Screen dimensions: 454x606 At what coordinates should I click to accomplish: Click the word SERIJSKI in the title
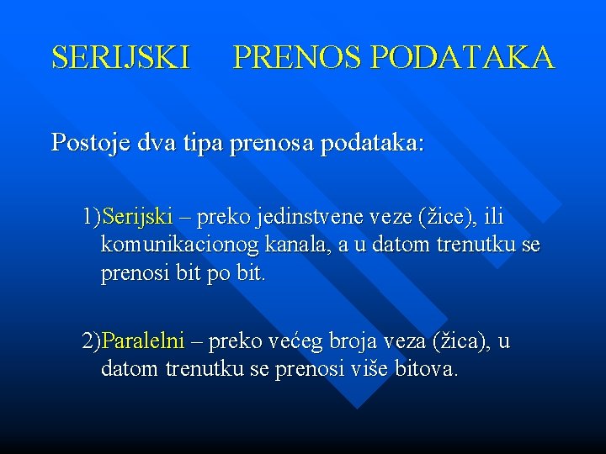click(120, 58)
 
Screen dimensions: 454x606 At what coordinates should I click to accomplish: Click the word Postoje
click(88, 143)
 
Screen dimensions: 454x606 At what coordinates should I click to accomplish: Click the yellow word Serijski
click(137, 217)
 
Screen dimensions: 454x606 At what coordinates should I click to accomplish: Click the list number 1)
click(91, 217)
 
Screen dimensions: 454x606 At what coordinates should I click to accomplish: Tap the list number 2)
click(91, 342)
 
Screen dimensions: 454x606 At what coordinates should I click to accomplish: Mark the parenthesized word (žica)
click(460, 342)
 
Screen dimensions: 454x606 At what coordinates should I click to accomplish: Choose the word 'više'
click(368, 370)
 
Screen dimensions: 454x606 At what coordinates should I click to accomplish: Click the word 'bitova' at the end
click(425, 370)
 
